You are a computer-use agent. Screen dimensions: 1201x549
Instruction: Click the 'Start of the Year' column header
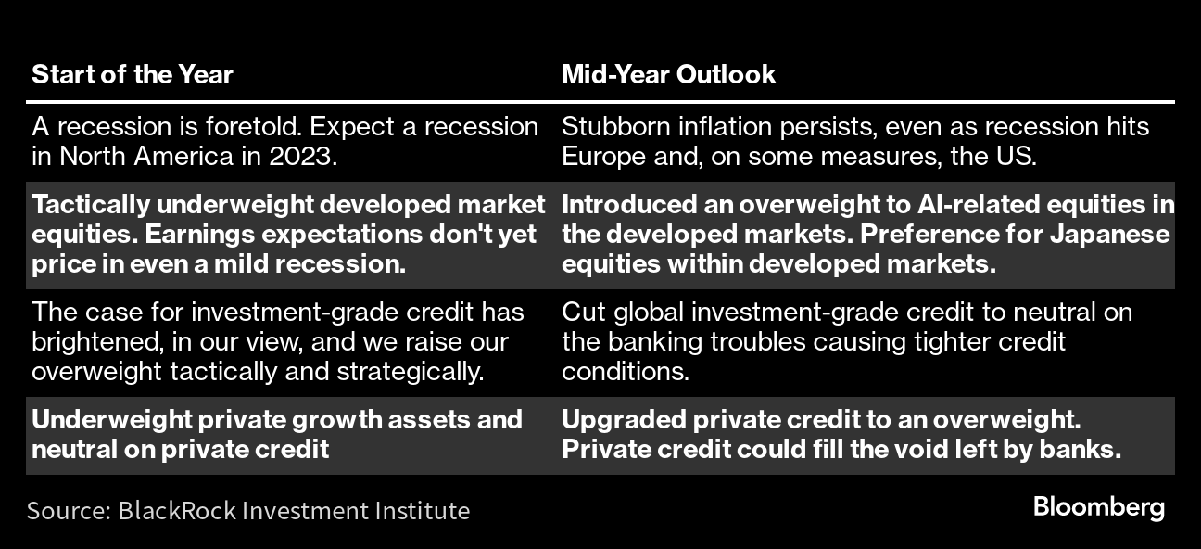tap(133, 74)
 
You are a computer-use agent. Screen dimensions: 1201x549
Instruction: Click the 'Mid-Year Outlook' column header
tap(668, 74)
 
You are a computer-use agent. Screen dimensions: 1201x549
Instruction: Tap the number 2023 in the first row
tap(303, 157)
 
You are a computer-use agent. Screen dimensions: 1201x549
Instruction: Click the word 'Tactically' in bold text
tap(91, 205)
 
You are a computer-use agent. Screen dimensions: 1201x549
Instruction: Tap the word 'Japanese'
tap(1109, 235)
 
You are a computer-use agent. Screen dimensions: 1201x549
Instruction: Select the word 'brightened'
tap(97, 342)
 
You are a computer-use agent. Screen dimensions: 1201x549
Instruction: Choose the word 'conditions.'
tap(626, 372)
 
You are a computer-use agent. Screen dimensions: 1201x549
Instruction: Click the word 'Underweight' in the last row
tap(111, 420)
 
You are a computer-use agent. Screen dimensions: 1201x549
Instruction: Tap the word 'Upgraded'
tap(624, 420)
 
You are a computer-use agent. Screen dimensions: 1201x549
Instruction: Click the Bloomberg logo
tap(1099, 507)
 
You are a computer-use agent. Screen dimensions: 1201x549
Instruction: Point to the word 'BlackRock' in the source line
tap(177, 510)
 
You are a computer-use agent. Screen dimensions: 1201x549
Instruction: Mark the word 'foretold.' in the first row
tap(254, 127)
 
